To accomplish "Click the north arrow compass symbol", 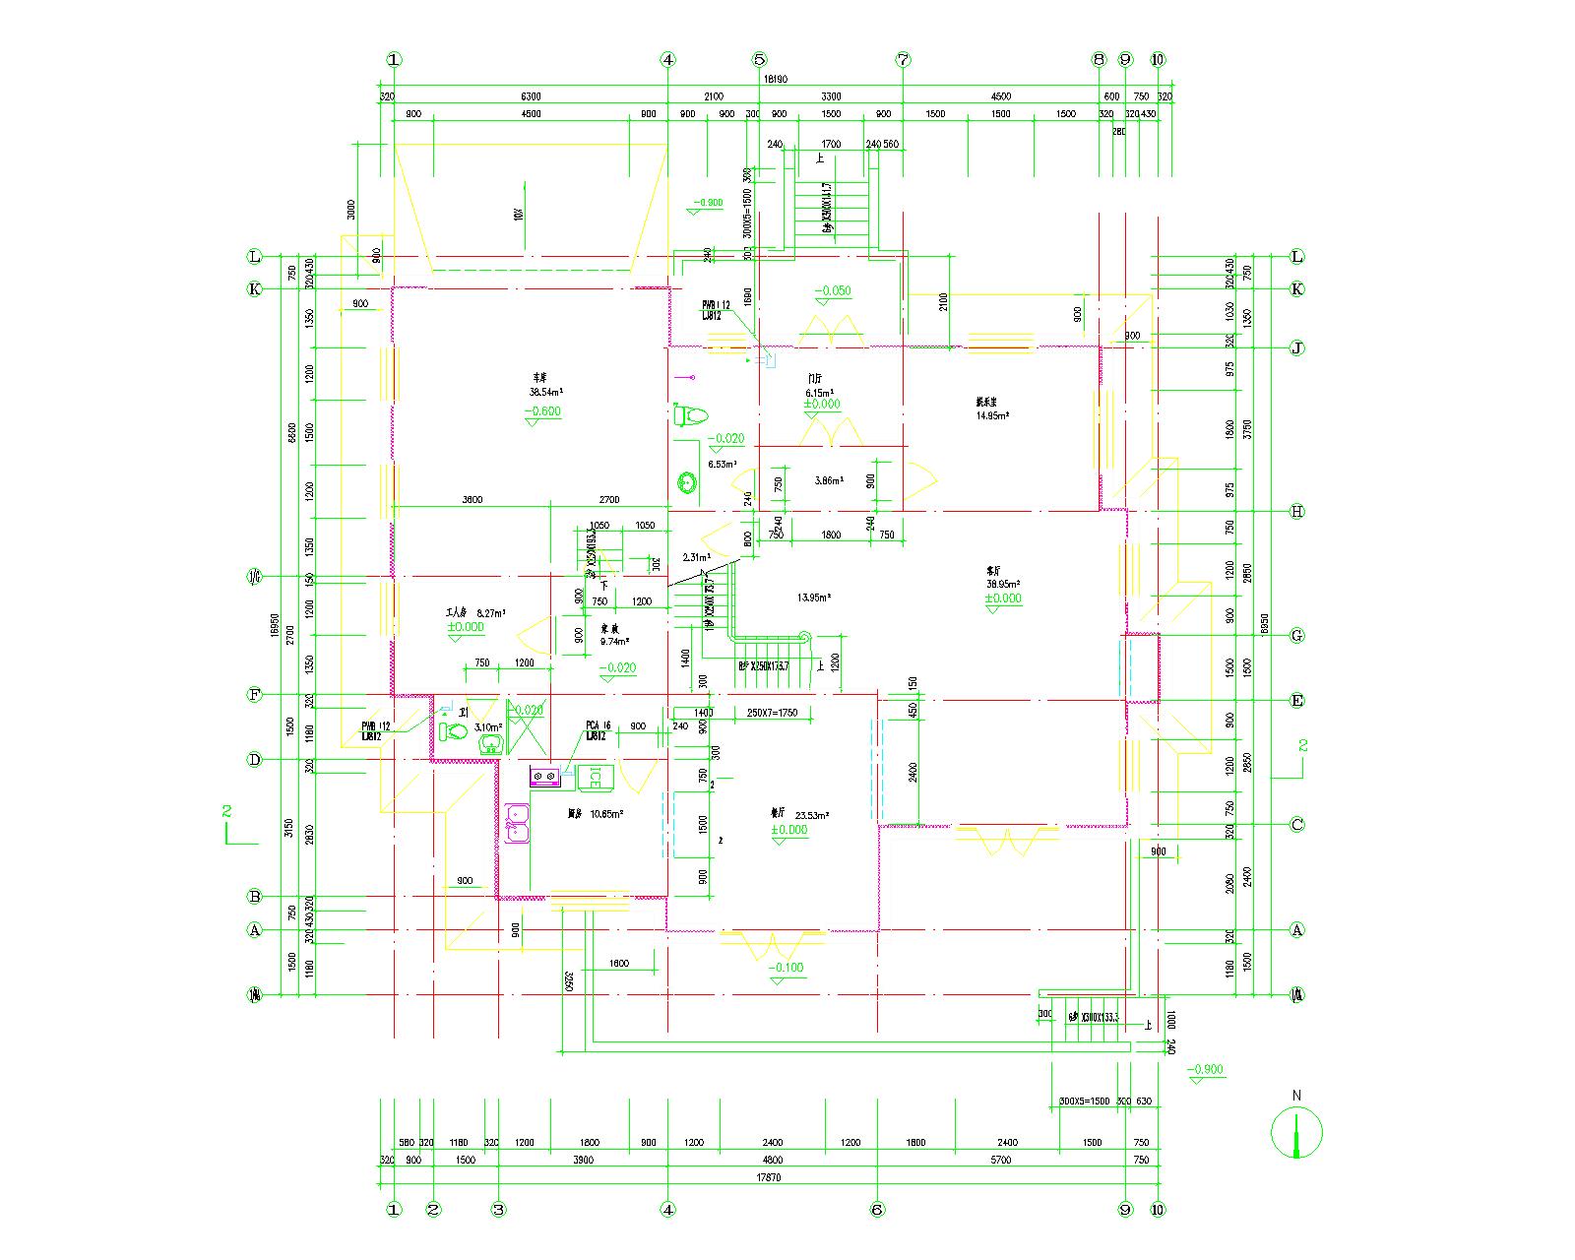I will tap(1296, 1133).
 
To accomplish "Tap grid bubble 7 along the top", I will tap(904, 59).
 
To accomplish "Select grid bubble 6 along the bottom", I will tap(877, 1210).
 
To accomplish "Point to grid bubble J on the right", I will tap(1297, 347).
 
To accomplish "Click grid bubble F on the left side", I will tap(255, 695).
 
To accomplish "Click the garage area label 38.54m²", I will tap(545, 392).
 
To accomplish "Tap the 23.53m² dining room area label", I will tap(812, 815).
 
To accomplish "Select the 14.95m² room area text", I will tap(992, 415).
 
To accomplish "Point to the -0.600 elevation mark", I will tap(542, 411).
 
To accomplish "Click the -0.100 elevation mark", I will tap(786, 968).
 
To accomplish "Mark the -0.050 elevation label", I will tap(833, 291).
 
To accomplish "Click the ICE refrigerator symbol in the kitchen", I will tap(595, 777).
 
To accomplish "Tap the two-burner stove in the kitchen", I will tap(545, 777).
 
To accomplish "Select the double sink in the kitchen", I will tap(517, 823).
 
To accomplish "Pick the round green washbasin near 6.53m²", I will tap(687, 482).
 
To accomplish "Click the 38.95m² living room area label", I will tap(1003, 584).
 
